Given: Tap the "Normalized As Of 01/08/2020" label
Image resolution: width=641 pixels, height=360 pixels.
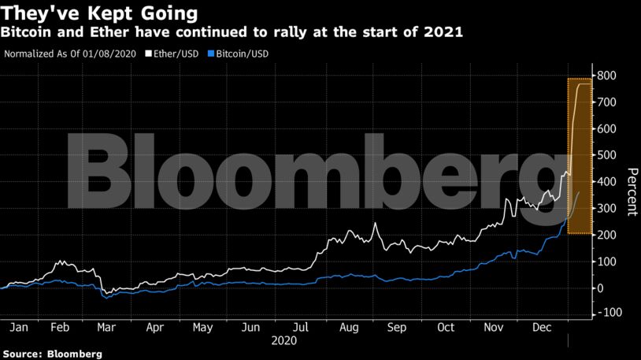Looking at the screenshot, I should (x=69, y=54).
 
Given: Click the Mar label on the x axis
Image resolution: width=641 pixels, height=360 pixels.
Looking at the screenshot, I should (x=107, y=326).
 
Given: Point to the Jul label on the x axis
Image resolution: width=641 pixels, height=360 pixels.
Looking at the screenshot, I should (x=299, y=326).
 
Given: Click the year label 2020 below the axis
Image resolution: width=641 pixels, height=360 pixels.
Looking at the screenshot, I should (x=283, y=340).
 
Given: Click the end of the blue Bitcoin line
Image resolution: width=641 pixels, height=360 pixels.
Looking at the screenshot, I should (x=579, y=191).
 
